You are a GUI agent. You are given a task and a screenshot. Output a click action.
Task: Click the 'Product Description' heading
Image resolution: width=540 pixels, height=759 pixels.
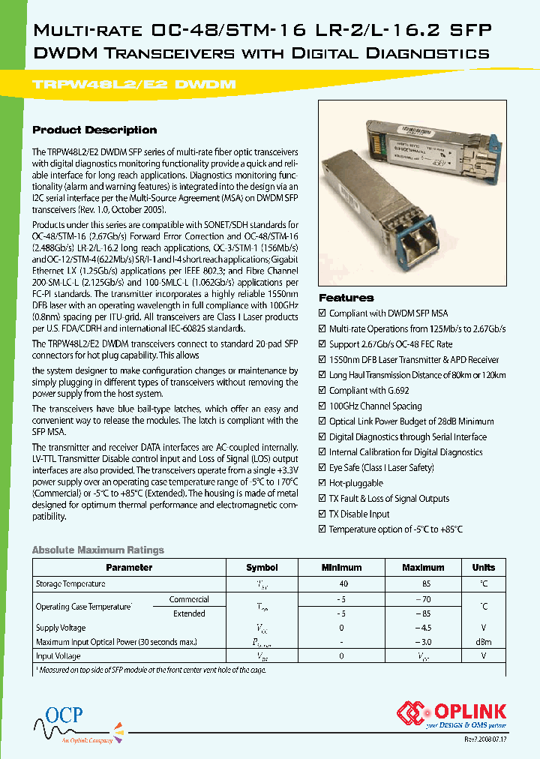[x=94, y=130]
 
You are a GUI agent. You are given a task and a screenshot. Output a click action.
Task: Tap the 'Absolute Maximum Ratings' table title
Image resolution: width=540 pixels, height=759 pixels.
[x=97, y=550]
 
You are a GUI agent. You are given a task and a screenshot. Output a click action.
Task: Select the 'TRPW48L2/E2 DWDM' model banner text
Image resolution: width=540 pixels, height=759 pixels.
[x=135, y=85]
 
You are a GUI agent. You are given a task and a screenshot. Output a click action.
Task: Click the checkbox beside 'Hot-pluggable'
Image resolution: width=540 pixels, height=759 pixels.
[x=322, y=483]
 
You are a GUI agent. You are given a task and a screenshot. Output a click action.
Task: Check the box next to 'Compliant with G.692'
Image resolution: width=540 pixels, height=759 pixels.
[x=322, y=391]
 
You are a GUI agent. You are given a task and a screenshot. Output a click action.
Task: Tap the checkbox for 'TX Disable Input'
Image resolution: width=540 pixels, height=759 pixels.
[x=322, y=514]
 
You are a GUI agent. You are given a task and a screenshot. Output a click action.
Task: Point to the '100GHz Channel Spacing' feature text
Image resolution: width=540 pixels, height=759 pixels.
[x=375, y=406]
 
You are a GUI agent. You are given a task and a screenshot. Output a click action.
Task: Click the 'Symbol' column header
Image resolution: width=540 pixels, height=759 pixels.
[x=262, y=568]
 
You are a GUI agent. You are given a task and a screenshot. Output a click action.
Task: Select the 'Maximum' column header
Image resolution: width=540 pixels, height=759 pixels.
[x=423, y=568]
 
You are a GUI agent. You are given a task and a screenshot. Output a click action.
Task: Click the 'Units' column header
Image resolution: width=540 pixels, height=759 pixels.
[x=484, y=568]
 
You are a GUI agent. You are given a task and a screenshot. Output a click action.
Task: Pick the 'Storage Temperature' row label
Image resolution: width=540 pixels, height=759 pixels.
[x=70, y=583]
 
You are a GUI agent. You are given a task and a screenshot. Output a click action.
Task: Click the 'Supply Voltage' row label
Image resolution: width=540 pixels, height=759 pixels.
[x=61, y=628]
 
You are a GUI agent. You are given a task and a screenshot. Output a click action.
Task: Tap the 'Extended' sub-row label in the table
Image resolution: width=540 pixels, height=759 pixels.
[x=189, y=613]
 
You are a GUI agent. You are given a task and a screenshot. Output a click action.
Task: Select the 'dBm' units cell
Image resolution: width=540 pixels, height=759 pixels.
[x=484, y=642]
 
